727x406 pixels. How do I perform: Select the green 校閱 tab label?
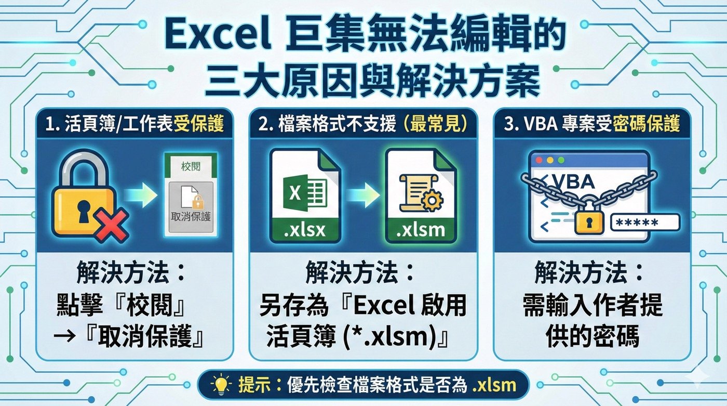tap(191, 167)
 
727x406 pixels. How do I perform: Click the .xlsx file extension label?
tap(305, 229)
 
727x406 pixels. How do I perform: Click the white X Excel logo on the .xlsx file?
tap(294, 193)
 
